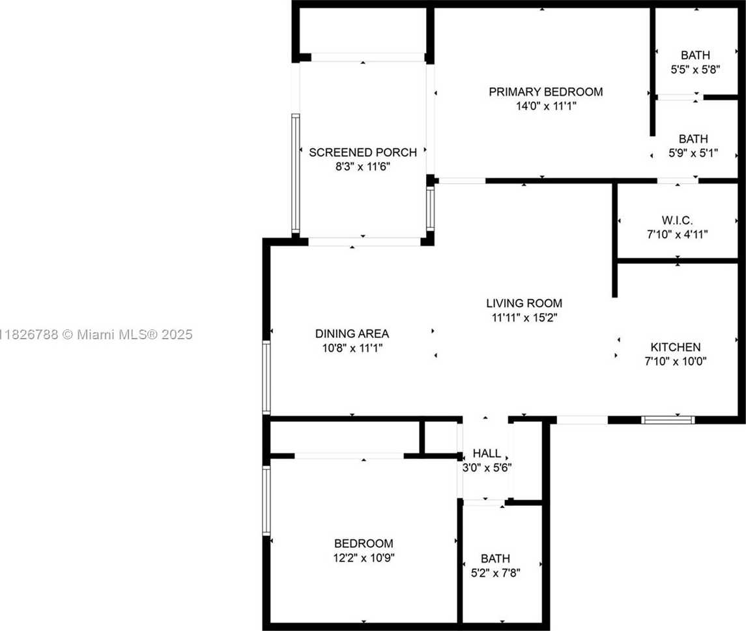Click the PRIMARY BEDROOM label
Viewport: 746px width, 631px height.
(x=545, y=92)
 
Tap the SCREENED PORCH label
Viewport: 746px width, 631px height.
(x=362, y=152)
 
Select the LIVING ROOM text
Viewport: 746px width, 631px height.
(x=524, y=303)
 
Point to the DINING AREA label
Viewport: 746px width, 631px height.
(x=352, y=333)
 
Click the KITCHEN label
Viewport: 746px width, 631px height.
(x=676, y=347)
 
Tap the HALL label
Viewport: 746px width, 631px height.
(x=487, y=453)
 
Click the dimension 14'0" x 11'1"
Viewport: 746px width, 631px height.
(x=545, y=105)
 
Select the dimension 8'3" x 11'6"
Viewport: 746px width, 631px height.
(x=362, y=167)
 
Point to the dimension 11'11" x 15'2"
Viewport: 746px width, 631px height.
(x=524, y=317)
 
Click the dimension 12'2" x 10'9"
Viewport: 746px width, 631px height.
(x=364, y=557)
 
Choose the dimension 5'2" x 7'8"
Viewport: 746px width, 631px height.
(x=495, y=572)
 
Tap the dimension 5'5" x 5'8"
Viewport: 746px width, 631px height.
(x=695, y=69)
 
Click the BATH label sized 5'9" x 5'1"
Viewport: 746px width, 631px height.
(x=693, y=139)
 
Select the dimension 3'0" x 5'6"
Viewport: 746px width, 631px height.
(x=487, y=467)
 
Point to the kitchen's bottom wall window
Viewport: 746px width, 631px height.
(x=668, y=420)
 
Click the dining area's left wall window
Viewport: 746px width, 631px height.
(x=266, y=378)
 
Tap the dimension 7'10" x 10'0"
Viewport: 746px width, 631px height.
(x=676, y=361)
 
